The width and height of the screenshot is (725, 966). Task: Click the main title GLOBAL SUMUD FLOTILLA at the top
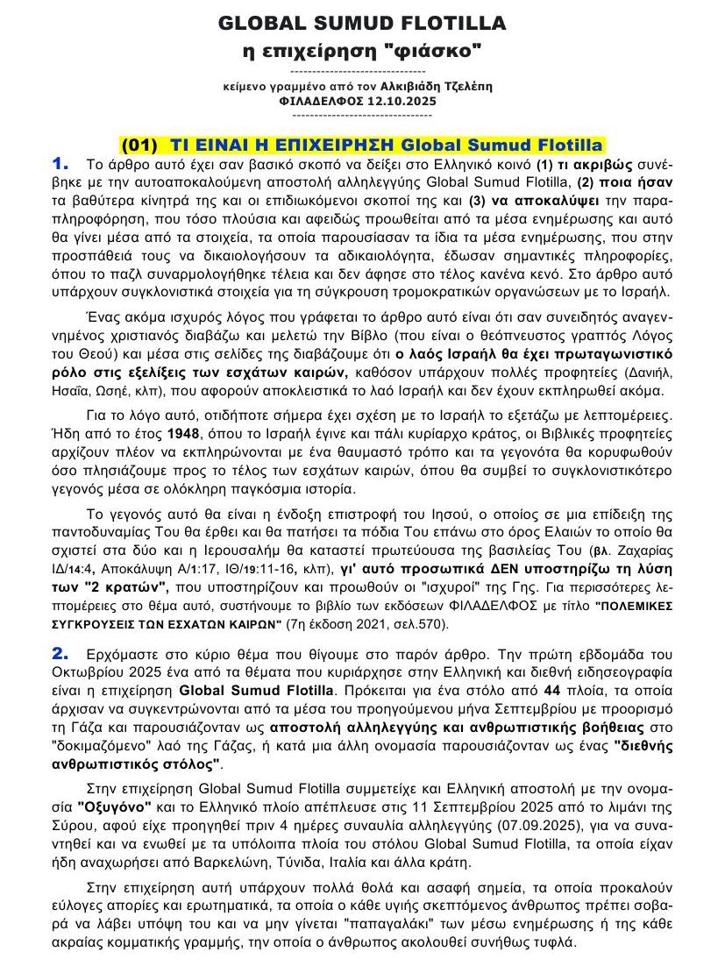(x=361, y=23)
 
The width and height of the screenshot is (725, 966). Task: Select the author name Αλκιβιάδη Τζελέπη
(x=443, y=86)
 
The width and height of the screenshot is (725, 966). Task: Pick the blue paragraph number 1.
(x=60, y=163)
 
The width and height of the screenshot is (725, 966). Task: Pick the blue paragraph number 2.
(x=60, y=654)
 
